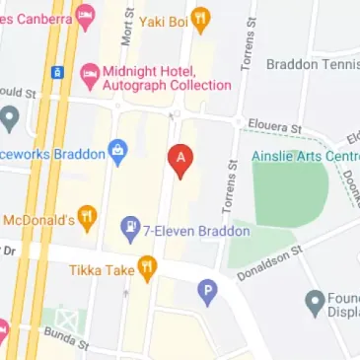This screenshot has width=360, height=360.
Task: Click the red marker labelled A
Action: click(180, 158)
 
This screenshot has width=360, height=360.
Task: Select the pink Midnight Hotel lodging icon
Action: click(90, 73)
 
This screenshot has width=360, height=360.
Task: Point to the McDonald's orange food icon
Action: click(88, 219)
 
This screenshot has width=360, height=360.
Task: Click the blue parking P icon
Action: click(207, 291)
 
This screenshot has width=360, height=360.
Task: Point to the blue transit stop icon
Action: click(57, 72)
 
